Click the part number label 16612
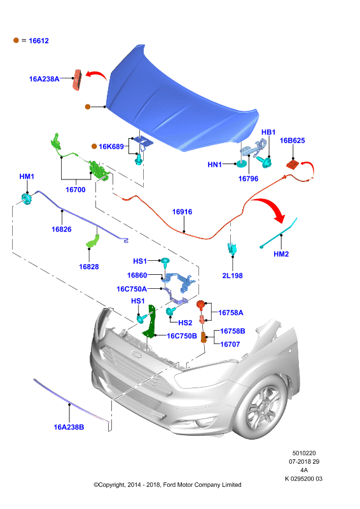point(39,41)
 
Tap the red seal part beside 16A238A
point(77,80)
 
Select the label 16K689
point(111,147)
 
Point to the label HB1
point(268,132)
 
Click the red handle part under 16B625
point(293,165)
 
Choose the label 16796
point(248,179)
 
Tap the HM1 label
point(27,177)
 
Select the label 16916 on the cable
point(182,212)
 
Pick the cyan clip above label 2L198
point(232,248)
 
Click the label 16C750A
point(132,289)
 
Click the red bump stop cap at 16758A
point(200,305)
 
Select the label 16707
point(230,344)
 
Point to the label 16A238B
point(69,428)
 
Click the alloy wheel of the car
point(263,408)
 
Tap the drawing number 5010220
point(304,453)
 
